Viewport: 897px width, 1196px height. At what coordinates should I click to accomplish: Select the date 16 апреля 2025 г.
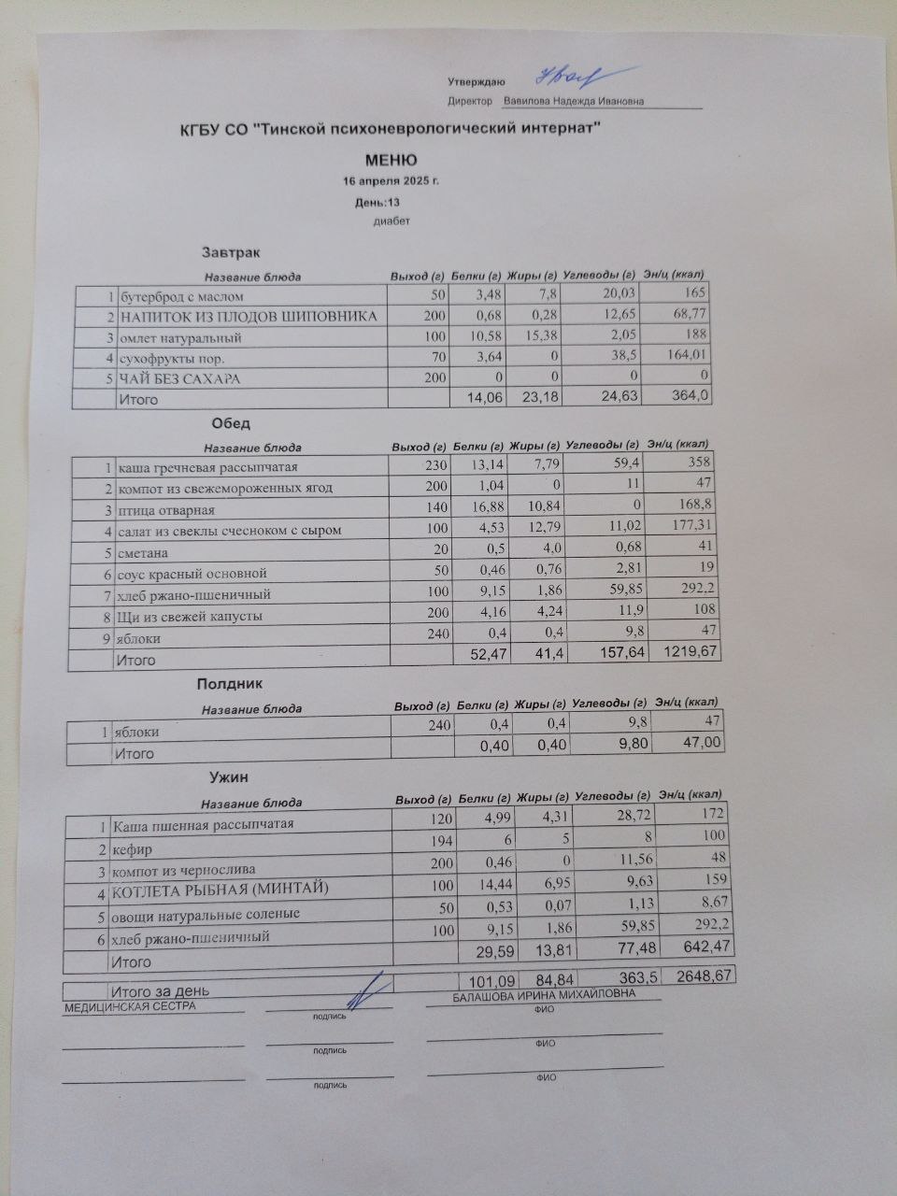pos(391,180)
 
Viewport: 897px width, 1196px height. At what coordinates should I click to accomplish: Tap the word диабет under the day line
pos(392,221)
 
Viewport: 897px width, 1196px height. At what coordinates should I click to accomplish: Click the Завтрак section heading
pos(232,252)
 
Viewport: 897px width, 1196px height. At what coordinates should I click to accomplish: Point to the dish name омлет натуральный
pos(181,337)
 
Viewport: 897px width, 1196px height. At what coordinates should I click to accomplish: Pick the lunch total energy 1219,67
pos(690,650)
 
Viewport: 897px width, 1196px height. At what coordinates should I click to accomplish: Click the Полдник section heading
pos(230,685)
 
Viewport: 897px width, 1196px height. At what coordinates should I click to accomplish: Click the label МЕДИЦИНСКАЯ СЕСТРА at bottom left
pos(130,1006)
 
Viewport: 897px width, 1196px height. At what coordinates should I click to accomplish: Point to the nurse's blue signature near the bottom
pos(375,988)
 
